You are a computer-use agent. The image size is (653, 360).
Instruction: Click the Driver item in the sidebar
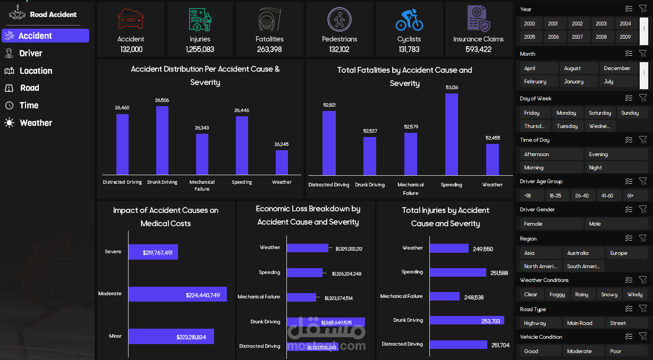pyautogui.click(x=30, y=53)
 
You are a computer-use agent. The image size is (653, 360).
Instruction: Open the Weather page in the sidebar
pyautogui.click(x=36, y=123)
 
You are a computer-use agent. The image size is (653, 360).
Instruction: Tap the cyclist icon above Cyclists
pyautogui.click(x=409, y=20)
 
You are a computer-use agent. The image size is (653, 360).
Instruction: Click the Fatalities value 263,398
pyautogui.click(x=269, y=49)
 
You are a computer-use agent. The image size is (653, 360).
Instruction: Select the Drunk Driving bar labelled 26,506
pyautogui.click(x=162, y=140)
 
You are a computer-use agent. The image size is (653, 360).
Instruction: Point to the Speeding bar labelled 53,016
pyautogui.click(x=452, y=134)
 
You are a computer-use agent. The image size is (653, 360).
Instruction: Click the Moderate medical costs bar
pyautogui.click(x=177, y=294)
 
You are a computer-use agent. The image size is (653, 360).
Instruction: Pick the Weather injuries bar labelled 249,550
pyautogui.click(x=449, y=248)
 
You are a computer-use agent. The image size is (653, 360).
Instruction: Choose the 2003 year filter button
pyautogui.click(x=601, y=23)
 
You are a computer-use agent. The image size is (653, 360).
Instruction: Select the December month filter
pyautogui.click(x=617, y=68)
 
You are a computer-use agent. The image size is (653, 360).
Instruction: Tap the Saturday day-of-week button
pyautogui.click(x=600, y=113)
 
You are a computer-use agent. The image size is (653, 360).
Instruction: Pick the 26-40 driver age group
pyautogui.click(x=582, y=195)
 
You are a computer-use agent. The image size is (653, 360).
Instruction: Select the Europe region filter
pyautogui.click(x=618, y=253)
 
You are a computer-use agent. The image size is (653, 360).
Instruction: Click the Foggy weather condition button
pyautogui.click(x=557, y=294)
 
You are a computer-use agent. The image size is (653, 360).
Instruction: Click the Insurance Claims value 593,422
pyautogui.click(x=478, y=49)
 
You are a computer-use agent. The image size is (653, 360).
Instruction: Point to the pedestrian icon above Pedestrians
pyautogui.click(x=340, y=20)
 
